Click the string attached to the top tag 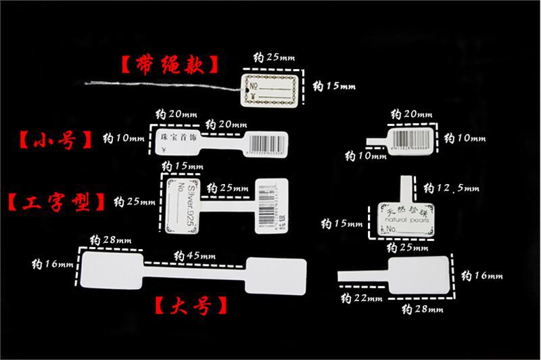pyautogui.click(x=162, y=85)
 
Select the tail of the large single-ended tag pyautogui.click(x=362, y=274)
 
